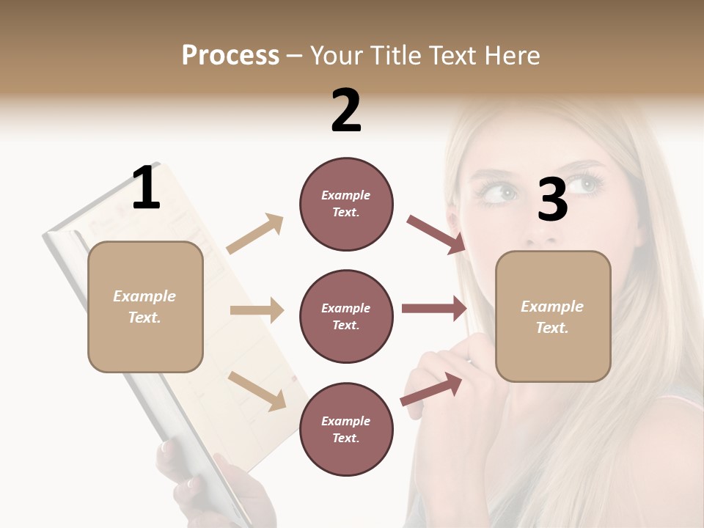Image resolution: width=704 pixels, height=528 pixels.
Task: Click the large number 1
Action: (x=146, y=188)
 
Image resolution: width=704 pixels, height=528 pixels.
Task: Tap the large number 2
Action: (x=346, y=111)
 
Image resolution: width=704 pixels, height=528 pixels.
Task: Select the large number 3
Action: (x=552, y=199)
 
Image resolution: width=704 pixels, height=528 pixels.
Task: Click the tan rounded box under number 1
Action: (x=145, y=307)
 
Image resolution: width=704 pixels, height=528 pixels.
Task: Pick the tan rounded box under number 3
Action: (x=553, y=316)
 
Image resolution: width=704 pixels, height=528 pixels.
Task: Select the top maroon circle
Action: (x=346, y=204)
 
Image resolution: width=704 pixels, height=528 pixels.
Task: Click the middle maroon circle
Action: (x=346, y=316)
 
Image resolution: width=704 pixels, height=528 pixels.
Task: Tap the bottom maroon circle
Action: (x=346, y=429)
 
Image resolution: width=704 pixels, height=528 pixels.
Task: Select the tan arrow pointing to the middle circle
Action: (x=257, y=310)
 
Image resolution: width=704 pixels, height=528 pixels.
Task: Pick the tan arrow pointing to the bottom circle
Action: (x=257, y=391)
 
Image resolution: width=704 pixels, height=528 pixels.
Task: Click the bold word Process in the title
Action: (x=230, y=55)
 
